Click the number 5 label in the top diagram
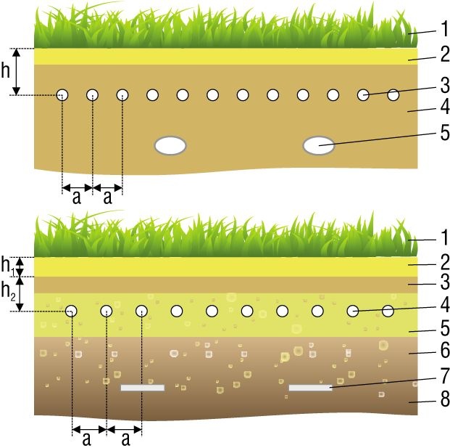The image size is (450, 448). (x=445, y=133)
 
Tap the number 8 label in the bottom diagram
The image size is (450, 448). (x=445, y=399)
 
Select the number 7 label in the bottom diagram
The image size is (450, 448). (x=445, y=375)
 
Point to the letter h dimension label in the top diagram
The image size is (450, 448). (x=6, y=70)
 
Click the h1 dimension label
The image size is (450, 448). (x=8, y=265)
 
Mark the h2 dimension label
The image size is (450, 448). (x=8, y=290)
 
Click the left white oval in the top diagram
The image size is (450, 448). (x=170, y=145)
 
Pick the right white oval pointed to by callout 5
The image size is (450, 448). (x=319, y=145)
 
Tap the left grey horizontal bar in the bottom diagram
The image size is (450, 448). (x=143, y=388)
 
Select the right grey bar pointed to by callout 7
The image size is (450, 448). (x=311, y=388)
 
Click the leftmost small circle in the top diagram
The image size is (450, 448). (x=62, y=95)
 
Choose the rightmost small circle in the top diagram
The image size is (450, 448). (x=393, y=95)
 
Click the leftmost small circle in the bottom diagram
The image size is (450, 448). (x=71, y=311)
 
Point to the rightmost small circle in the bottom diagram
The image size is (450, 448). (x=388, y=311)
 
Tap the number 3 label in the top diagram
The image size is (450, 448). (x=445, y=85)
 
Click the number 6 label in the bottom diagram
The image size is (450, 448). (x=445, y=350)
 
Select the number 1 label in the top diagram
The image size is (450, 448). (x=445, y=28)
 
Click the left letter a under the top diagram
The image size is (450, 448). (x=76, y=197)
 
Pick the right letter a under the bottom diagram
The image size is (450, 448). (x=125, y=439)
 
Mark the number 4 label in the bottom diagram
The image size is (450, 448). (x=445, y=305)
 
